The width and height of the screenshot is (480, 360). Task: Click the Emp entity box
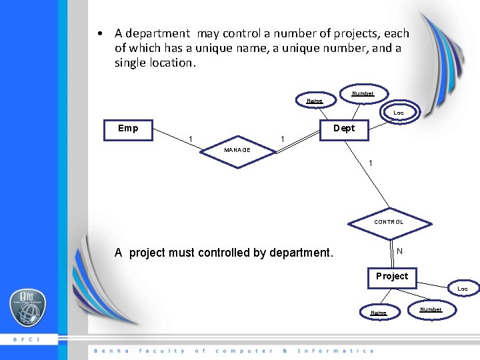128,129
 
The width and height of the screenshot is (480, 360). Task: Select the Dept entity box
344,129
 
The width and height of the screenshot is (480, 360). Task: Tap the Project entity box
391,277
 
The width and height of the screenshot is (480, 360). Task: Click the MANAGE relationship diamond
237,150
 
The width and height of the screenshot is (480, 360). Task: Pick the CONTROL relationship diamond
389,222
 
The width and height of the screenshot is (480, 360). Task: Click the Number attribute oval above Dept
363,93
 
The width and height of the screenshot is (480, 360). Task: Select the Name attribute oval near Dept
314,101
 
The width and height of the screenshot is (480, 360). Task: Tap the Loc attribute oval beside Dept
398,113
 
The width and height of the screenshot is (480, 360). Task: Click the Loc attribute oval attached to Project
462,289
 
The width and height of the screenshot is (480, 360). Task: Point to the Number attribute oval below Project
430,309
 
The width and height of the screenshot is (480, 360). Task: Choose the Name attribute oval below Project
378,312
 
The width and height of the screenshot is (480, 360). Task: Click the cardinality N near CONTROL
399,251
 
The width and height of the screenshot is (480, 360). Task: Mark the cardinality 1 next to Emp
191,139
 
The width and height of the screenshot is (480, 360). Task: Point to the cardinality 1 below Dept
371,163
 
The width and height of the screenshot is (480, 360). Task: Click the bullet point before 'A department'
99,33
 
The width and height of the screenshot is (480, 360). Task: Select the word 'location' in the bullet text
169,63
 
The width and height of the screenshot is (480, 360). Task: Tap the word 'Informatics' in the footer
335,351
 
